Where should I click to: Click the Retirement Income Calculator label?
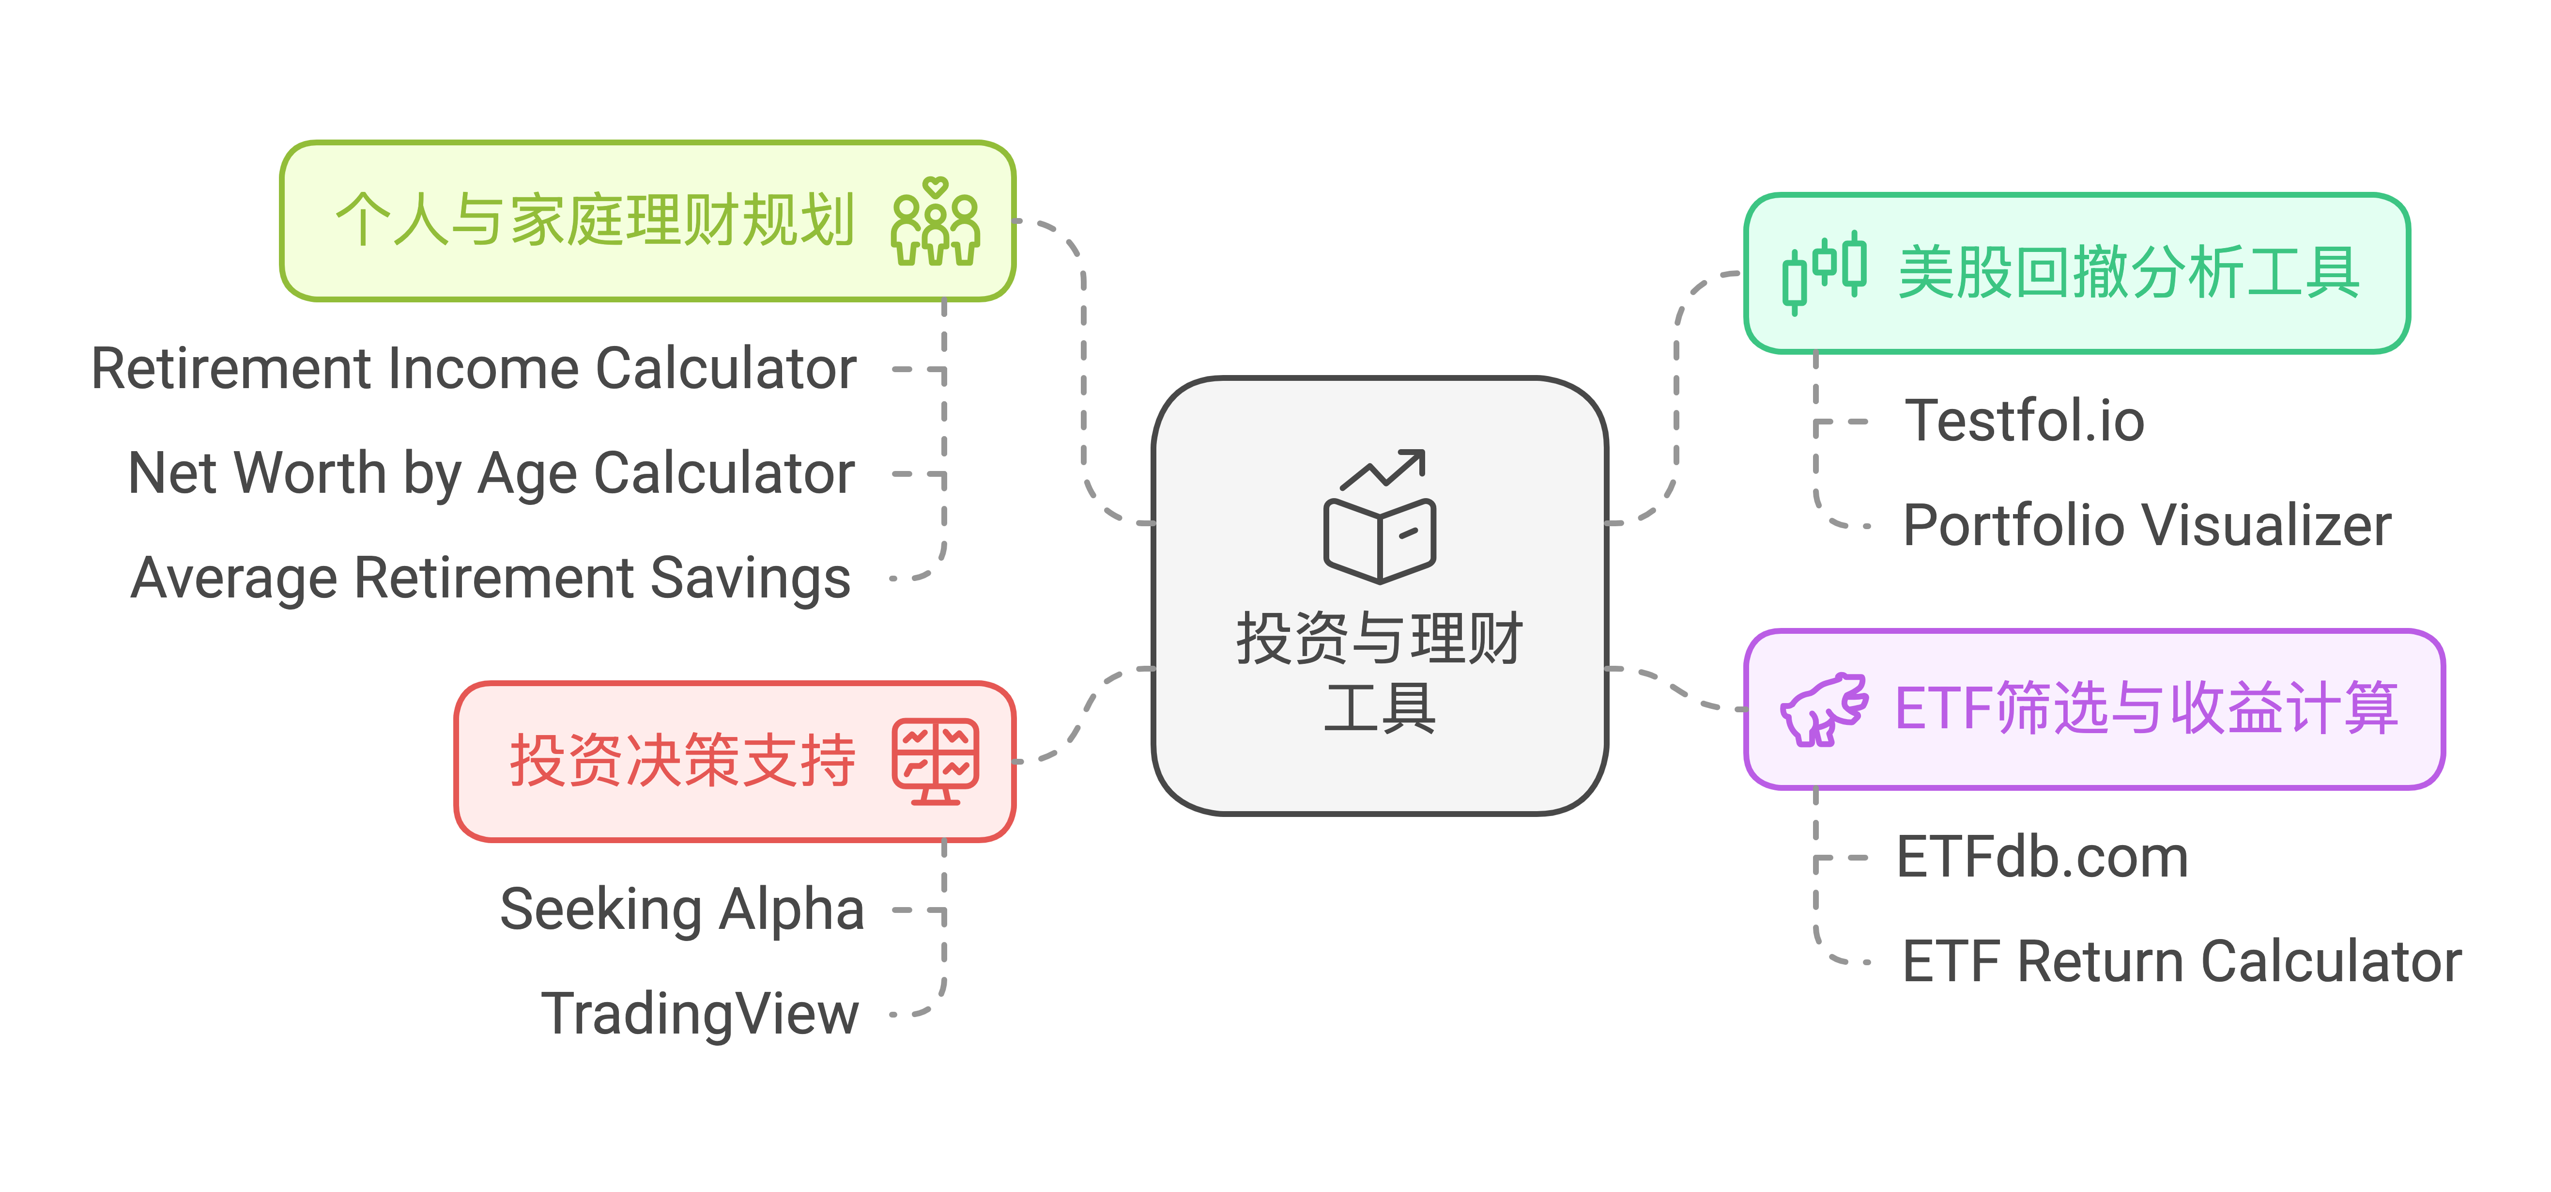(474, 370)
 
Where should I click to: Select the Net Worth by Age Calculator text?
(491, 473)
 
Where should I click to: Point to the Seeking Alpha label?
(682, 910)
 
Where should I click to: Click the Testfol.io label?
(2024, 421)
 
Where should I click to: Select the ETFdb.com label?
(2042, 857)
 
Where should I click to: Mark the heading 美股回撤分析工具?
(2129, 272)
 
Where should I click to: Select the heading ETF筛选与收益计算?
(2146, 709)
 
